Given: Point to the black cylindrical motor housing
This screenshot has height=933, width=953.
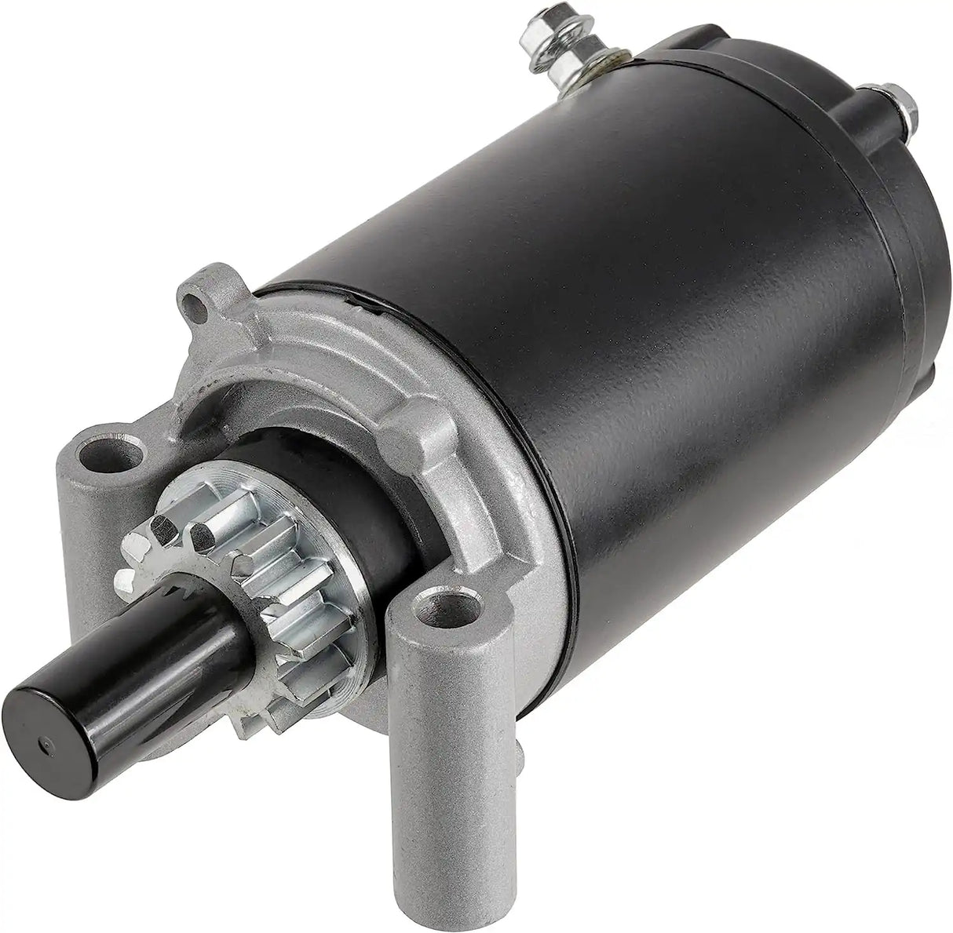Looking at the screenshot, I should click(x=628, y=314).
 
